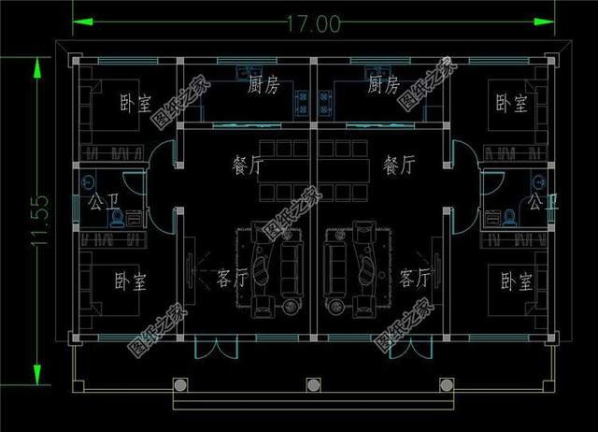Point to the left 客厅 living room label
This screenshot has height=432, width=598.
(x=232, y=278)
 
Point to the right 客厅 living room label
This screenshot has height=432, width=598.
(x=414, y=278)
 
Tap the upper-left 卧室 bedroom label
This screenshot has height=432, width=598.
(x=135, y=103)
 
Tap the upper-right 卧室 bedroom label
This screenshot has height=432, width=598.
(x=511, y=103)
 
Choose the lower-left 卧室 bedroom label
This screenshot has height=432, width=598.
(x=132, y=280)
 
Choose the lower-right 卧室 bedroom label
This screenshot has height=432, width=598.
(x=516, y=280)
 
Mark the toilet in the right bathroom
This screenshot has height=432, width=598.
(x=510, y=218)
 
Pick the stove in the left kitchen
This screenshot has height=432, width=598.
(x=301, y=94)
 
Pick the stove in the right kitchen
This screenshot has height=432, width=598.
(x=328, y=94)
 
